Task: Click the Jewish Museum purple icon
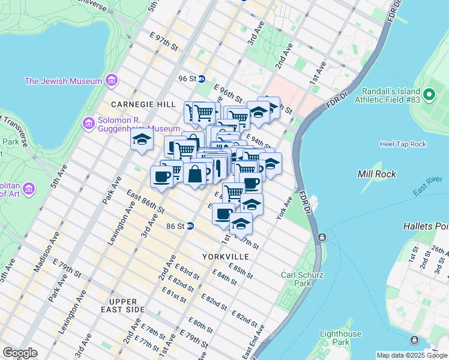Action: click(110, 80)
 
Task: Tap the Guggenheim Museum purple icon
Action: click(88, 124)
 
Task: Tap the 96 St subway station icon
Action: click(202, 79)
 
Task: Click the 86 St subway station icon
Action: click(190, 226)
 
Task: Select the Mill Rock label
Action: click(374, 174)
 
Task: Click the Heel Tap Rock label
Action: click(403, 144)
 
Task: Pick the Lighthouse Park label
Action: click(340, 338)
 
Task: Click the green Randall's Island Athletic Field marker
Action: click(429, 94)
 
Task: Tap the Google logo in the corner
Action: click(20, 353)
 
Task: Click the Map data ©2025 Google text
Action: click(411, 355)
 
